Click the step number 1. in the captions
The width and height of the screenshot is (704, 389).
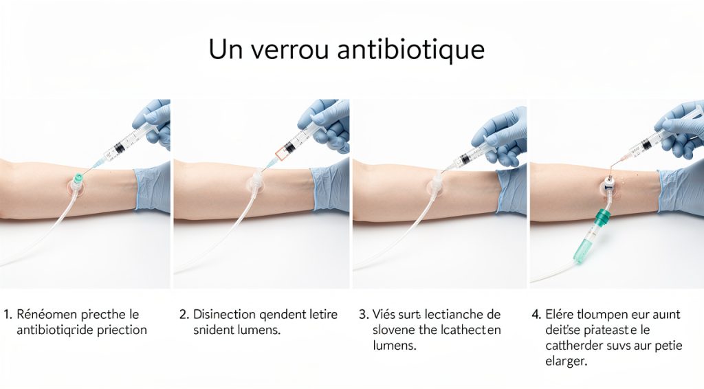[8, 315]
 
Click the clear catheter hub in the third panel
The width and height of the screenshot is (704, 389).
[435, 184]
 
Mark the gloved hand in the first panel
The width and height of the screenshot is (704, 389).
[155, 120]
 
